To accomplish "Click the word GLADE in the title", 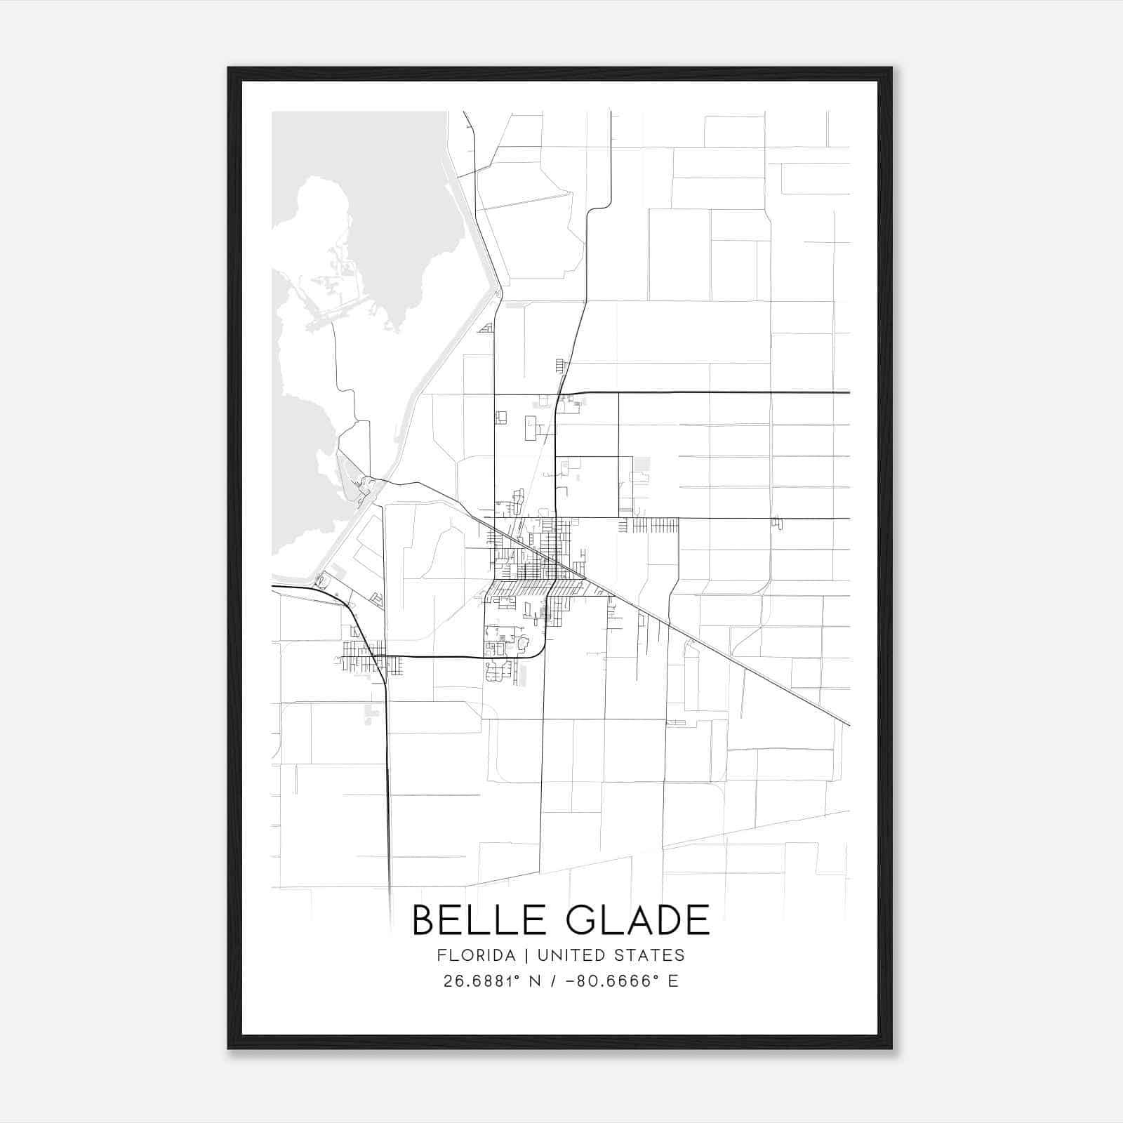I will tap(638, 920).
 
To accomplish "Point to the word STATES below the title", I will tap(652, 955).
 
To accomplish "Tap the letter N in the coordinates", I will tap(534, 981).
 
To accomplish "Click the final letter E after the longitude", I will tap(673, 981).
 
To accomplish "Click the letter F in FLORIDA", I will tap(440, 955).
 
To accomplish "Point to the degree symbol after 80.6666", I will tap(654, 976).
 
